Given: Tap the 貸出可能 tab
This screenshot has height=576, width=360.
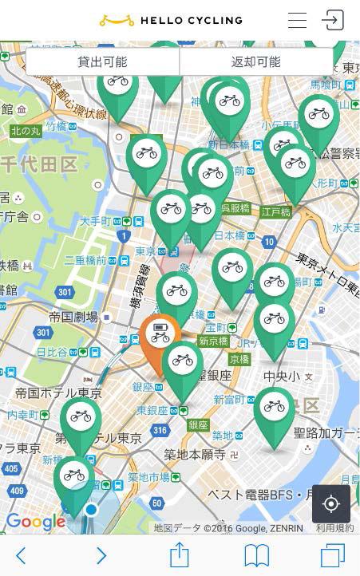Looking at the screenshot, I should click(102, 61).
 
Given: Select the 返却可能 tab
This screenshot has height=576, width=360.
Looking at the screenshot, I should click(255, 61).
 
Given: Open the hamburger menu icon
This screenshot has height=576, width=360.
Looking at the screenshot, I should click(298, 21).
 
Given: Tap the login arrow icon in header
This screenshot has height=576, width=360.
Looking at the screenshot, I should click(333, 21).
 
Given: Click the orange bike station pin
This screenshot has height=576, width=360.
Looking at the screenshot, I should click(160, 337).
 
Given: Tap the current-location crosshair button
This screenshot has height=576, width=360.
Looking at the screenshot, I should click(331, 504).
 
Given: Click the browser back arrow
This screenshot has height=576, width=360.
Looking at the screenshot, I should click(21, 555).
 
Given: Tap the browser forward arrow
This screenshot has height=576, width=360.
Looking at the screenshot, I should click(101, 555).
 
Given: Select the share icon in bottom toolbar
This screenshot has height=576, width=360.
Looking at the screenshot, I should click(179, 554).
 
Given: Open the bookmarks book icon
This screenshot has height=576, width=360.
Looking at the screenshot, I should click(256, 555).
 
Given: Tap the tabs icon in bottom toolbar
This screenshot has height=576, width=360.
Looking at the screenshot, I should click(332, 554).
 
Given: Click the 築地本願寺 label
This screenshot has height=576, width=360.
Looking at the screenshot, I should click(195, 455).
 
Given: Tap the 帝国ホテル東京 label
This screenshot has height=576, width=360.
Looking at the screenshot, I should click(58, 393).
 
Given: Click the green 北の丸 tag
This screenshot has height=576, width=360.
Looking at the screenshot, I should click(26, 131).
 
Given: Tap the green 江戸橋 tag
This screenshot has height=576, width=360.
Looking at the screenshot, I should click(275, 212).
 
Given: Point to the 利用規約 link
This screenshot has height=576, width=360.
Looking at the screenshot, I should click(334, 528).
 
